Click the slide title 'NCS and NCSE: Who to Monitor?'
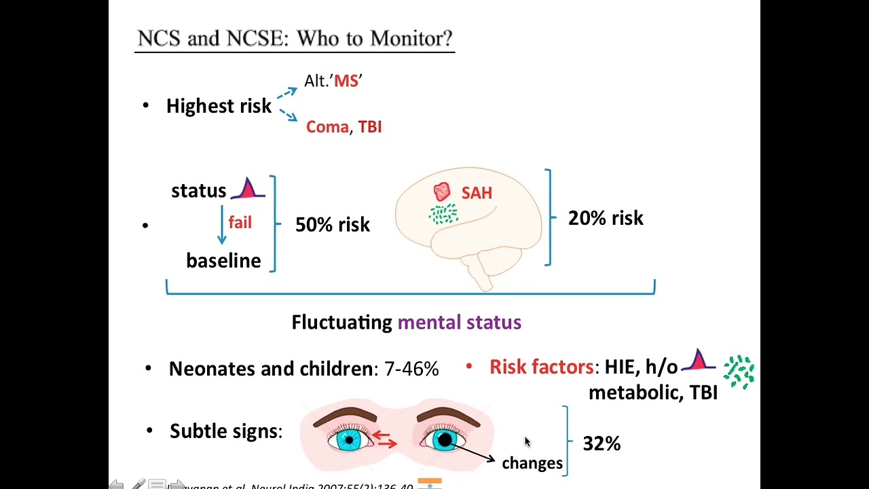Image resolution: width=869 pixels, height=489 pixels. point(295,39)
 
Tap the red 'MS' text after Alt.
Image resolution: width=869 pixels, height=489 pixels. point(346,81)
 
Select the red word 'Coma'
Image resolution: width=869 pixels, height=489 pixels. point(327,127)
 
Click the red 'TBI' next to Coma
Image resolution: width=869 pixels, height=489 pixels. point(370,127)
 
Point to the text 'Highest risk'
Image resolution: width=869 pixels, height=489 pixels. point(219,106)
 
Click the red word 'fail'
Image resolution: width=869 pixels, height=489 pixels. point(240,223)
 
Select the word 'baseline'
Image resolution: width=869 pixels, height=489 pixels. point(223,261)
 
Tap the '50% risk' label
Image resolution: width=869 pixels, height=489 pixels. point(333,225)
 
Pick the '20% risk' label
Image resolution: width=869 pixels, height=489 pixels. point(606,218)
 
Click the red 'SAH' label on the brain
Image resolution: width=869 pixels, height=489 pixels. point(477,193)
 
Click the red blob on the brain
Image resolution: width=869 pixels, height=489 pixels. point(442,192)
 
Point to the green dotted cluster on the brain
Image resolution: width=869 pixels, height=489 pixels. point(443,215)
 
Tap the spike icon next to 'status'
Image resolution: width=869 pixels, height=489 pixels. point(248,189)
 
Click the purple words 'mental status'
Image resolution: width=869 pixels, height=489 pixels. point(459,322)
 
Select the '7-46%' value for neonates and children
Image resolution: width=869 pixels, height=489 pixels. point(411,369)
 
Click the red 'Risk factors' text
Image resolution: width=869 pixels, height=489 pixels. point(541,367)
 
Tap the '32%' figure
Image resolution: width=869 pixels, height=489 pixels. point(602,443)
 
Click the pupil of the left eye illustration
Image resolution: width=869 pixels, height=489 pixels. point(350,440)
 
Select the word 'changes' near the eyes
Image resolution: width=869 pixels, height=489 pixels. point(532,463)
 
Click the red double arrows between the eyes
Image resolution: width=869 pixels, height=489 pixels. point(386,440)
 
